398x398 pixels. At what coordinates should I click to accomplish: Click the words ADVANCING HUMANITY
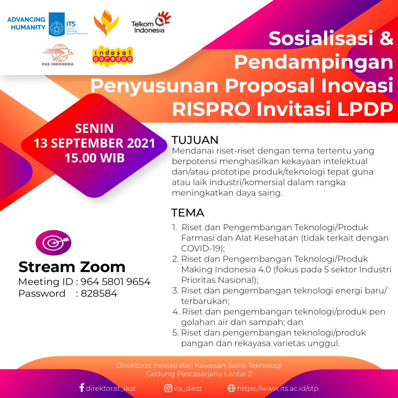(26, 24)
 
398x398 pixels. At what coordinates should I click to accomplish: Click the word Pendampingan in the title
(313, 62)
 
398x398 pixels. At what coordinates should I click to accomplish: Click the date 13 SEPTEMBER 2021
(94, 143)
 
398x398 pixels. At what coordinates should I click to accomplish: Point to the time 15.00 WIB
(94, 158)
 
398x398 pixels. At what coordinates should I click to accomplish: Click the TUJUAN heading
(195, 140)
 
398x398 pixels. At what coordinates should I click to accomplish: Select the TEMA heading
(188, 213)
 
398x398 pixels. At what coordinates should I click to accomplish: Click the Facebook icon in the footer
(82, 388)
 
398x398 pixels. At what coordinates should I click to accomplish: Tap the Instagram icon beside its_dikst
(168, 388)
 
